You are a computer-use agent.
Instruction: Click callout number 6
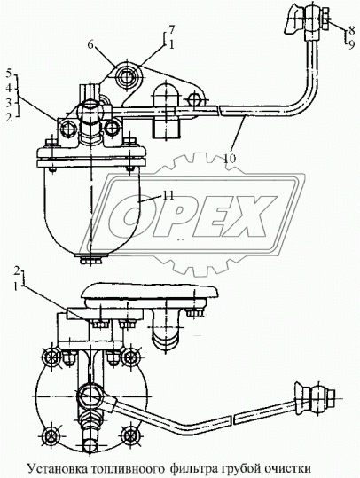(x=90, y=45)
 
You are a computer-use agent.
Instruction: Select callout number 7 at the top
(x=172, y=30)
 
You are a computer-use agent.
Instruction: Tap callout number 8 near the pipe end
(x=351, y=30)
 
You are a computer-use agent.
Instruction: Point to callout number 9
(x=351, y=45)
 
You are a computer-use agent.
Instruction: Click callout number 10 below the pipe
(x=231, y=159)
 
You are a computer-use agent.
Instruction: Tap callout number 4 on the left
(x=9, y=88)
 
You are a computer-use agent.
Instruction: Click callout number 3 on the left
(x=9, y=103)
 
